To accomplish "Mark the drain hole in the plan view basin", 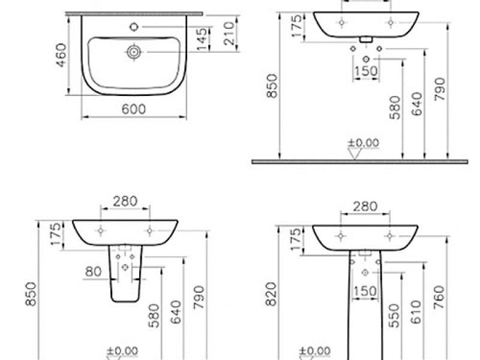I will [x=134, y=53].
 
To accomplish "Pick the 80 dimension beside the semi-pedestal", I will [x=93, y=271].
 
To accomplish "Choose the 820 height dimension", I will [x=271, y=296].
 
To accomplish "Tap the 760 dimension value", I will [x=439, y=296].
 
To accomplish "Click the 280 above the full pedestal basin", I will [x=365, y=206].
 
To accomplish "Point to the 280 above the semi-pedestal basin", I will [x=125, y=200].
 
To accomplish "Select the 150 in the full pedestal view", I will [x=365, y=291].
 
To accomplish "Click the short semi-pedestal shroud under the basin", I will [x=125, y=276].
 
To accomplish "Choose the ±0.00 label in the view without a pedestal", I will [x=364, y=143].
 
